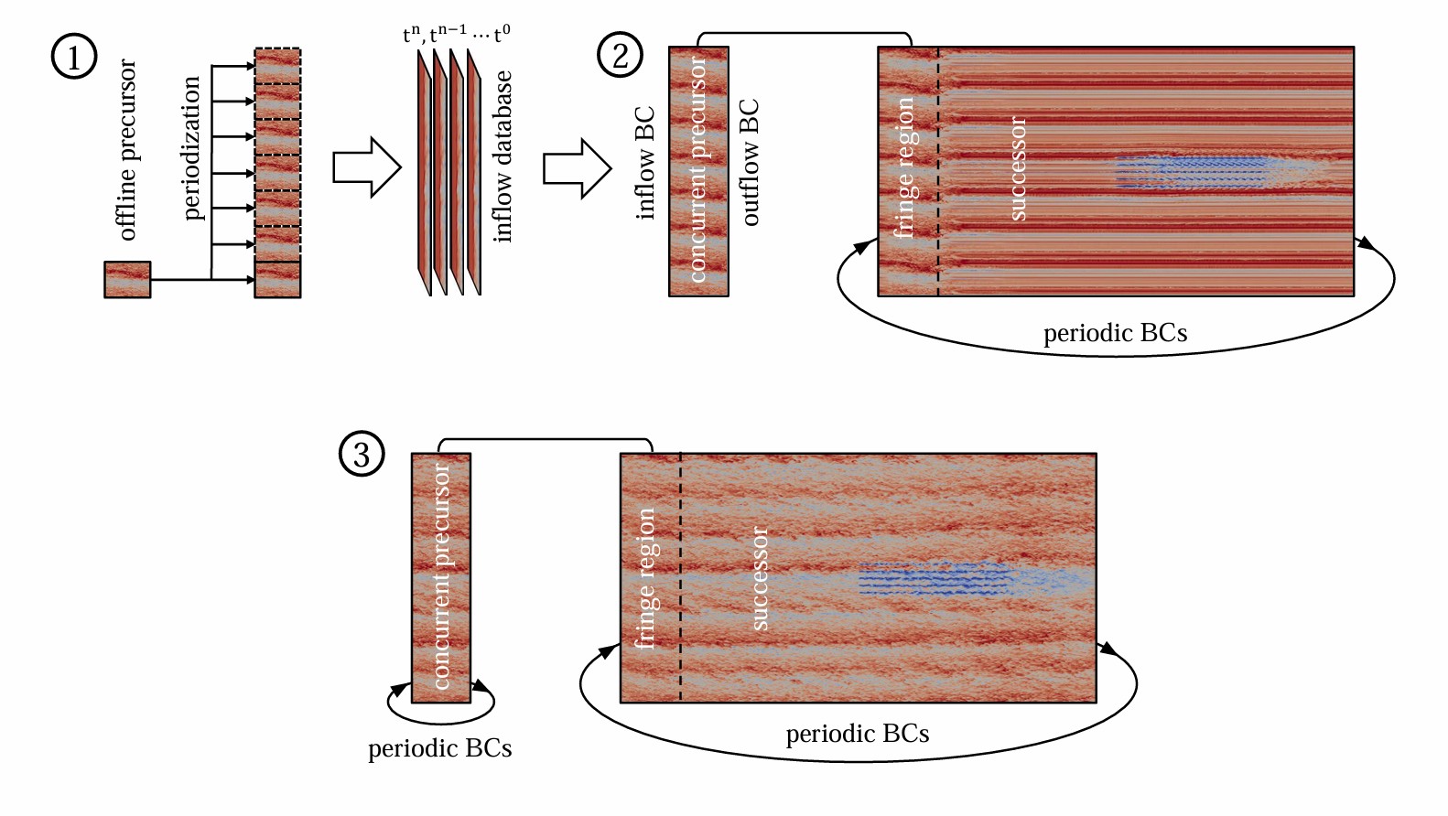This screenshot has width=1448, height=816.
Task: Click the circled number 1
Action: pos(74,56)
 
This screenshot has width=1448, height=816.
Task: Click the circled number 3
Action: pos(362,454)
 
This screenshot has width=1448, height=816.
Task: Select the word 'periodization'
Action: pos(191,148)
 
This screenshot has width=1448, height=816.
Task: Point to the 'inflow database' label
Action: pos(502,157)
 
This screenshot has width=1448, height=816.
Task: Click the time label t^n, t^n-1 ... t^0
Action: pos(457,33)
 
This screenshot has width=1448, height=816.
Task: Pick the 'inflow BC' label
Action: pos(645,164)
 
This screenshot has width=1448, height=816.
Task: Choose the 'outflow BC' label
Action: pos(749,162)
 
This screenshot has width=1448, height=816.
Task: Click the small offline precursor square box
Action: pos(127,280)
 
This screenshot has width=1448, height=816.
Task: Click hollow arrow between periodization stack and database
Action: pos(367,167)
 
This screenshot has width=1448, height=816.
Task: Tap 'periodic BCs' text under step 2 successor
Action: pos(1115,333)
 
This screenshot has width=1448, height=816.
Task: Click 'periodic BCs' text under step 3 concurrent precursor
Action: pos(439,748)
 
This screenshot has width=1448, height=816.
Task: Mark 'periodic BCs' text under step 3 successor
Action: pos(857,734)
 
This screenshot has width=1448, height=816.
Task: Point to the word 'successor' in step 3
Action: pos(761,578)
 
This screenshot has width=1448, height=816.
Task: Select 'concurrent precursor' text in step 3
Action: pos(441,576)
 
